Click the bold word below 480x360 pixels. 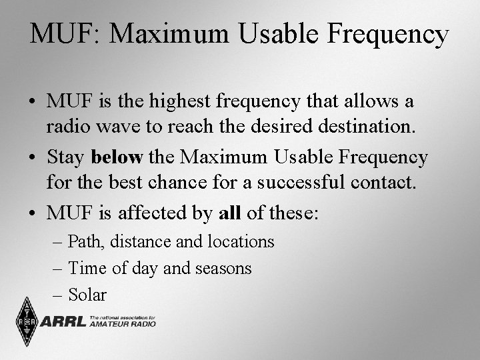click(117, 157)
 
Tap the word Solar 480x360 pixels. click(87, 295)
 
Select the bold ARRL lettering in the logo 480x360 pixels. click(63, 323)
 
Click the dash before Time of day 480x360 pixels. click(58, 269)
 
